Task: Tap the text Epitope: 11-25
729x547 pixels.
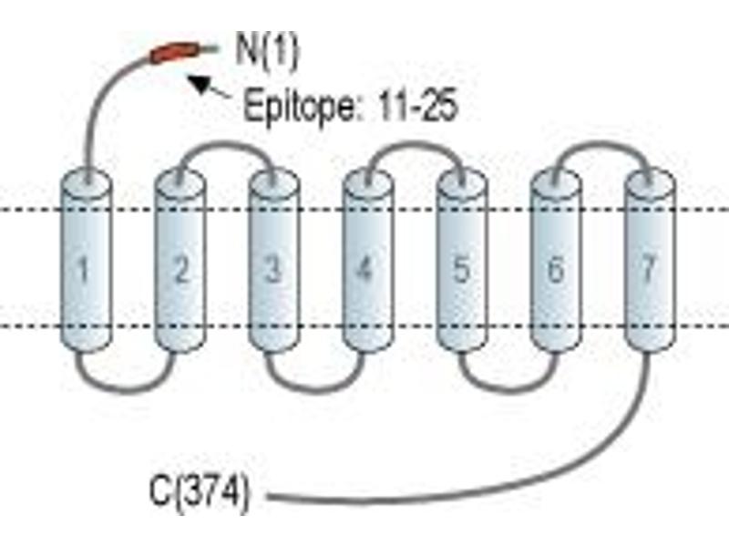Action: pos(351,107)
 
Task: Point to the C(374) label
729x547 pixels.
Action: pos(199,493)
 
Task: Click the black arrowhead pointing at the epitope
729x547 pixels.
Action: pos(199,84)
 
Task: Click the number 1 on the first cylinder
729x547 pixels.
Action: pos(83,269)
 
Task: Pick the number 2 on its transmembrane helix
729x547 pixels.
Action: pos(180,269)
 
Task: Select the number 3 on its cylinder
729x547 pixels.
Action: pos(272,269)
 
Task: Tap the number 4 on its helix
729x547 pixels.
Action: pos(364,268)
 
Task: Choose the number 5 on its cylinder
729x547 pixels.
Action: pos(461,269)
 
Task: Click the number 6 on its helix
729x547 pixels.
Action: pos(556,269)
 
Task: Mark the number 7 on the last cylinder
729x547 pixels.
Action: pos(649,268)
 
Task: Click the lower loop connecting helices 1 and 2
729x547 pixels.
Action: pos(126,389)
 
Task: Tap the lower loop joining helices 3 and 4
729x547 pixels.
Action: pos(314,389)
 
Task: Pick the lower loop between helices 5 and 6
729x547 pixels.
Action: pos(508,389)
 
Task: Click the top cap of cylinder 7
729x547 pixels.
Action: pos(650,181)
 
